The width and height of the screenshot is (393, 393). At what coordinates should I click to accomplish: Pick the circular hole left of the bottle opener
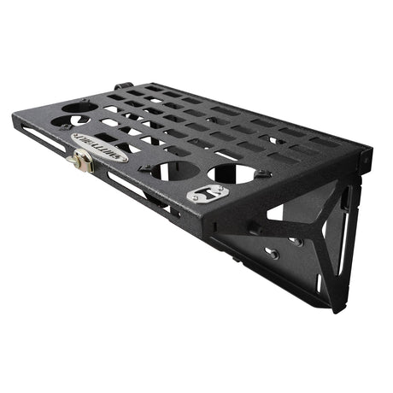point(171,168)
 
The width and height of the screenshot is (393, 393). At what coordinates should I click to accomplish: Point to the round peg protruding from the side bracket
point(255,229)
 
